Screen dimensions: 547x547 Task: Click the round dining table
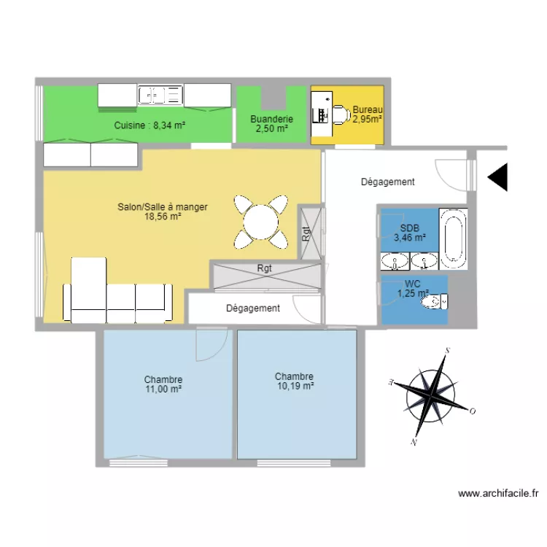[260, 222]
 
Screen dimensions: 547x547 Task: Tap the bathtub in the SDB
[453, 238]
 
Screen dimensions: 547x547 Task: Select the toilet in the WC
[435, 301]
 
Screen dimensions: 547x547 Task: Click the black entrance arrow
[497, 177]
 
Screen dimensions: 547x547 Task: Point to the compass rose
[432, 397]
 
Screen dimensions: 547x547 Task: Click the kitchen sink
[160, 95]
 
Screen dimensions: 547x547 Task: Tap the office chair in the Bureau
[341, 114]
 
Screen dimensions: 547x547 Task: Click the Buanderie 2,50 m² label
[271, 124]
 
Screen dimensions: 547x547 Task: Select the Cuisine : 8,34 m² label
[150, 125]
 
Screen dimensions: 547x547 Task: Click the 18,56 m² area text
[163, 217]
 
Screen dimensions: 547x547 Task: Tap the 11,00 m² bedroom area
[163, 389]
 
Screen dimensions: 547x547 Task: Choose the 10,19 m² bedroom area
[295, 386]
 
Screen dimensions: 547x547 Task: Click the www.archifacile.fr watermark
[498, 493]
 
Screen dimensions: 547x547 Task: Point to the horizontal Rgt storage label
[264, 268]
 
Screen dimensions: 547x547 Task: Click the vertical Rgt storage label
[306, 233]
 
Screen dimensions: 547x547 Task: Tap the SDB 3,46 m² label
[410, 233]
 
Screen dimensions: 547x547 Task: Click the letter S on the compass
[448, 350]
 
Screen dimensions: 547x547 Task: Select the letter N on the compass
[414, 443]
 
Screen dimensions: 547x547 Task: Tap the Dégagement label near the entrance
[387, 182]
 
